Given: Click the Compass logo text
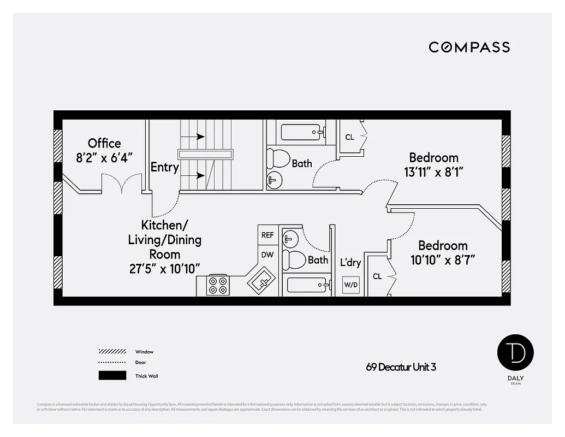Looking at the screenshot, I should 469,47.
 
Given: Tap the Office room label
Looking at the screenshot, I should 104,143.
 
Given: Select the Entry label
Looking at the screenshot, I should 164,167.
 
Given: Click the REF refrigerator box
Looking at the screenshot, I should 267,235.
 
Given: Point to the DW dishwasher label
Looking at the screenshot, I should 267,255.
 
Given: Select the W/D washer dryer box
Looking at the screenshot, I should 350,285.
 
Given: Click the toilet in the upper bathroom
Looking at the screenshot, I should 279,158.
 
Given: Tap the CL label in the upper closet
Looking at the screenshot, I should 349,137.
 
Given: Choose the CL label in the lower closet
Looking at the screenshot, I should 377,276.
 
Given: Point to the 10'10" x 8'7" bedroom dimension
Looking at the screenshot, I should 443,260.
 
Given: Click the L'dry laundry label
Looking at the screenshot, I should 350,263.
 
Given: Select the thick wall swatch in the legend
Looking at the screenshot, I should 112,376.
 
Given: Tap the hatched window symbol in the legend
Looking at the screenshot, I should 112,352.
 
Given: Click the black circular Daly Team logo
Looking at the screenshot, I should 515,352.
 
